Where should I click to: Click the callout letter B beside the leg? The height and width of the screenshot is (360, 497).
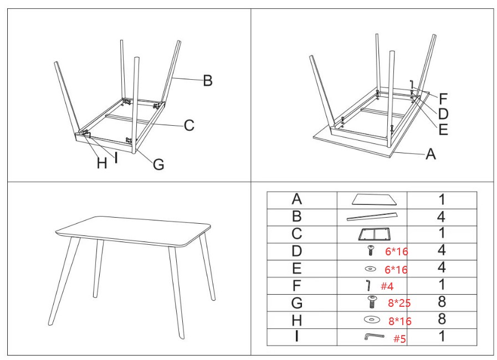[x=208, y=80]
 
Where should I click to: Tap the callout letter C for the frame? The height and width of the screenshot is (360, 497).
[x=189, y=125]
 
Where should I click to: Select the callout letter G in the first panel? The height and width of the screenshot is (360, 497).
[x=158, y=164]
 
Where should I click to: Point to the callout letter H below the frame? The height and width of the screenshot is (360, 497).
[x=102, y=163]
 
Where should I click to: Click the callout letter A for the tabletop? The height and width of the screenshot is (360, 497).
[x=431, y=155]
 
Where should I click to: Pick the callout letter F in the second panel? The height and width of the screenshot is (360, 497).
[x=443, y=99]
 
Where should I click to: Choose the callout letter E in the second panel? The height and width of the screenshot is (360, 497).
[x=443, y=130]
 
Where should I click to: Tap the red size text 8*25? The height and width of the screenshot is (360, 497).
[x=399, y=303]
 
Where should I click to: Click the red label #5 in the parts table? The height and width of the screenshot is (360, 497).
[x=399, y=339]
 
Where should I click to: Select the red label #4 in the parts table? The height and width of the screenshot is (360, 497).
[x=387, y=286]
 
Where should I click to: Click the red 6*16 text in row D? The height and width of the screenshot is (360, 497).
[x=397, y=251]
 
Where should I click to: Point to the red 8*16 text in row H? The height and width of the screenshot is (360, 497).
[x=400, y=321]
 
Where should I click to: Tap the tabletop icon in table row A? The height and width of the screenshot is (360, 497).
[x=375, y=199]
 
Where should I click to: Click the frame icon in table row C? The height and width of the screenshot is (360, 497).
[x=375, y=234]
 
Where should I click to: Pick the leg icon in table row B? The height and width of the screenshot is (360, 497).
[x=371, y=217]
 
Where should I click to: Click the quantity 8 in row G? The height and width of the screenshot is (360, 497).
[x=442, y=302]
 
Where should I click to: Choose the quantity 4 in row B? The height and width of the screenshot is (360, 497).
[x=441, y=217]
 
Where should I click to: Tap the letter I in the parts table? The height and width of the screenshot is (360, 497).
[x=296, y=336]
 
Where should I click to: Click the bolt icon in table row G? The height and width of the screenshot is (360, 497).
[x=372, y=302]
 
